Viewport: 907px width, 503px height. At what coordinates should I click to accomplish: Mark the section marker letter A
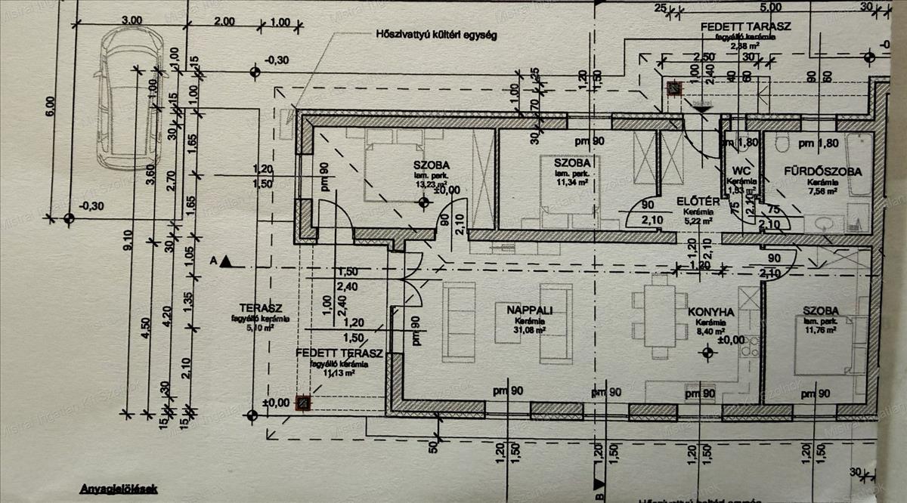[214, 261]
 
